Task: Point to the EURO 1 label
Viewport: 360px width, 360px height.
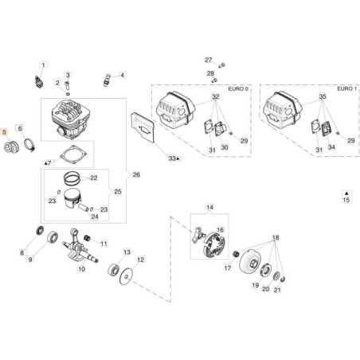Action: click(x=345, y=88)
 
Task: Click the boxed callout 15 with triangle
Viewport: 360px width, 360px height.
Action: click(x=346, y=197)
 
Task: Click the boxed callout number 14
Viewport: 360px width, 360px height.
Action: click(x=209, y=208)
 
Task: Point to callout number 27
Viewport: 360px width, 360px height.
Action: click(x=208, y=61)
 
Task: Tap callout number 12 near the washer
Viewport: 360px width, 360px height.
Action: click(x=141, y=259)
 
